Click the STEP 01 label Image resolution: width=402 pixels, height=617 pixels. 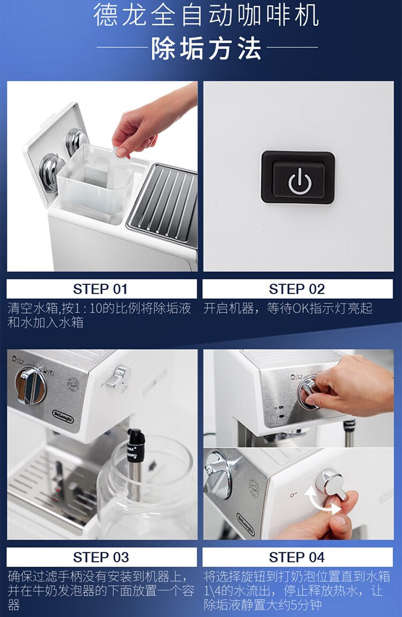(x=101, y=289)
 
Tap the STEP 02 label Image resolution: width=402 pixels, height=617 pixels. (x=297, y=289)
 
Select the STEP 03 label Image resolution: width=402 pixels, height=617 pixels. (x=101, y=557)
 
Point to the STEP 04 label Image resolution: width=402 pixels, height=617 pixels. (x=297, y=557)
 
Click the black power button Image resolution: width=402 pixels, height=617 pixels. (x=298, y=177)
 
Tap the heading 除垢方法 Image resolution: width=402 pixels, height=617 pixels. (x=206, y=49)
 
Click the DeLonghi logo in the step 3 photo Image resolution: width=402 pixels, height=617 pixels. (x=63, y=416)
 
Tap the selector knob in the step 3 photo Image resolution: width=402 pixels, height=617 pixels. (x=31, y=386)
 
